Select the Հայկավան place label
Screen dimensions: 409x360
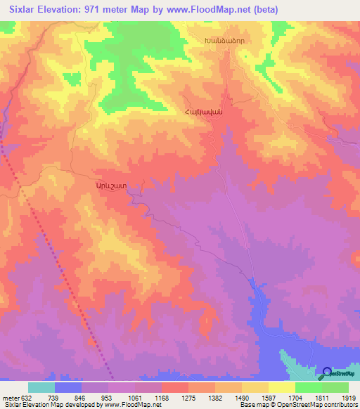(x=203, y=112)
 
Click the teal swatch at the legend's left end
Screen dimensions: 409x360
(x=41, y=387)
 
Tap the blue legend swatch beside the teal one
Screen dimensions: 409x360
(x=68, y=387)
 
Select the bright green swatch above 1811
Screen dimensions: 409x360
(x=309, y=387)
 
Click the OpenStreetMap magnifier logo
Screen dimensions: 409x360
(x=328, y=372)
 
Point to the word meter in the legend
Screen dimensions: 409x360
(x=10, y=398)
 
